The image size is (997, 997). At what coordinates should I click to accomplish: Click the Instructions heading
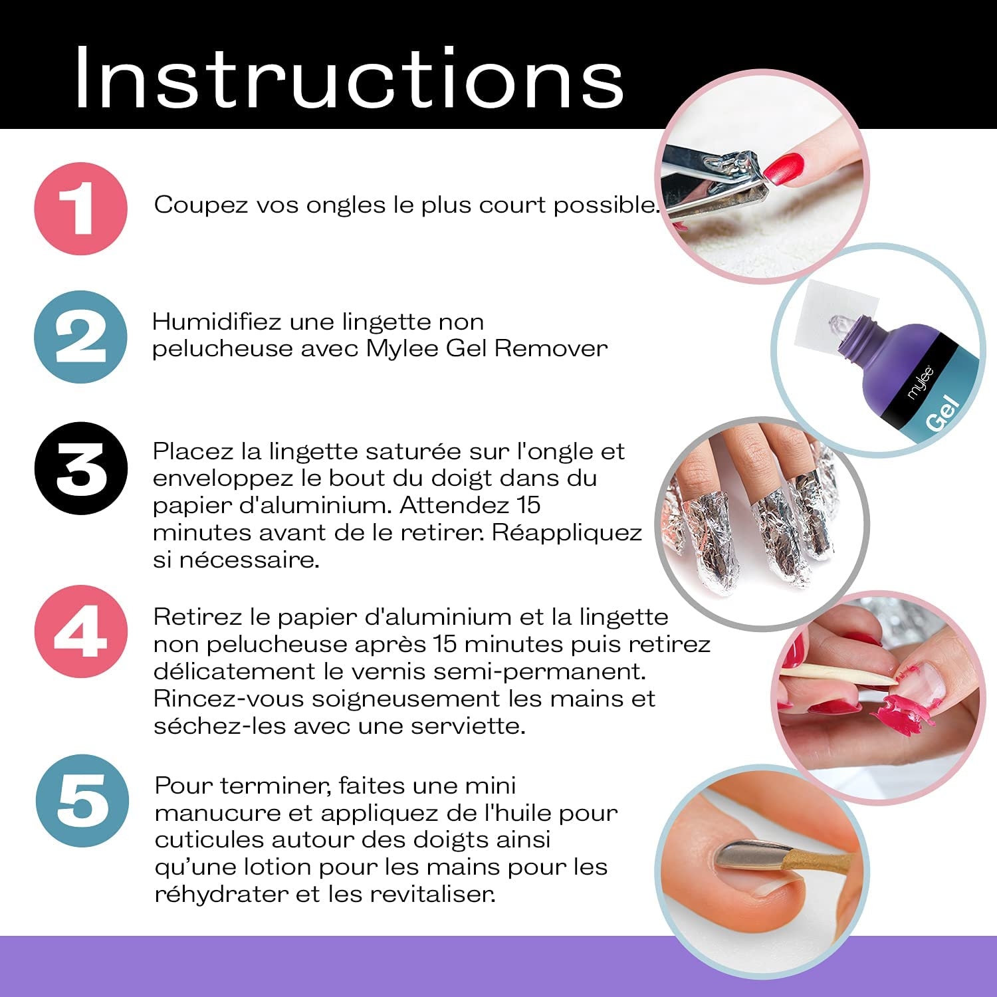(350, 77)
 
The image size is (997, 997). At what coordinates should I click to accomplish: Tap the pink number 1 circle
(80, 208)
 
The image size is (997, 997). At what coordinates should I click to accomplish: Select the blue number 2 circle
(80, 337)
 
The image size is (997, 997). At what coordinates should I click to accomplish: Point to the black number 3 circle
(80, 468)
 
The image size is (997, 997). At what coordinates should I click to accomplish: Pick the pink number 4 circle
(80, 631)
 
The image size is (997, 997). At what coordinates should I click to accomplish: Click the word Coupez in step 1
(193, 205)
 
